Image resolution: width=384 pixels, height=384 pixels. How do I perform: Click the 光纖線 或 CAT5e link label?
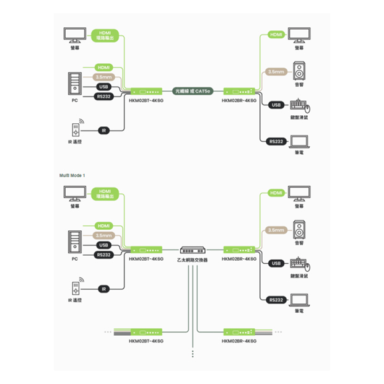click(192, 90)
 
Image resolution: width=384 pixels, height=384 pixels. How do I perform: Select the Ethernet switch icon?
click(193, 250)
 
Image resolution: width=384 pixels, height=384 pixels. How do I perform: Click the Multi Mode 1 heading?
click(72, 175)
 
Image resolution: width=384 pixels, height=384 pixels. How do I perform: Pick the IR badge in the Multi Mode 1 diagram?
click(104, 289)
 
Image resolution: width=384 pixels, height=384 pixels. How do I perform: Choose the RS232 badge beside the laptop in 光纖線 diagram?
click(276, 141)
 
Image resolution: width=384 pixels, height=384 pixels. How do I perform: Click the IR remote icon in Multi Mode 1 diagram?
click(75, 287)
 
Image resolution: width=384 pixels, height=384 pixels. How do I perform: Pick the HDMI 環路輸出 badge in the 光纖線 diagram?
click(104, 36)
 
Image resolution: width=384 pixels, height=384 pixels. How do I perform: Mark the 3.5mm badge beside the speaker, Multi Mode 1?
click(276, 230)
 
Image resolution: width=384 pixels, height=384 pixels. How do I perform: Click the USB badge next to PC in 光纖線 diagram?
click(103, 87)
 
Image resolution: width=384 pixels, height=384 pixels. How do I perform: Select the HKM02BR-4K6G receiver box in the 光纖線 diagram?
click(239, 90)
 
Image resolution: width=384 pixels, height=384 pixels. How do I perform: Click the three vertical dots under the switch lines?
click(193, 354)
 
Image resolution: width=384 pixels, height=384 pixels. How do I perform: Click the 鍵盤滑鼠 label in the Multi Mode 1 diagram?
click(300, 276)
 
